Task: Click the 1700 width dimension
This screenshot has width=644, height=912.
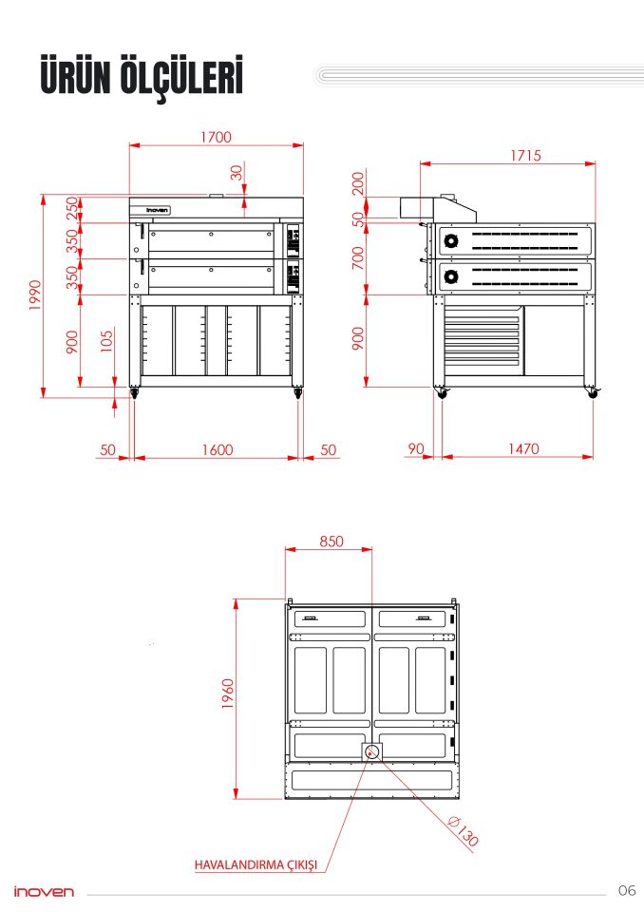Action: click(216, 137)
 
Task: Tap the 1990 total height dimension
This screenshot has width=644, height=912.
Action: click(35, 294)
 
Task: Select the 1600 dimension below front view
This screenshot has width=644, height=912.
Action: click(218, 449)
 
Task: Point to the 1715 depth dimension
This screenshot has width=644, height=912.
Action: click(525, 155)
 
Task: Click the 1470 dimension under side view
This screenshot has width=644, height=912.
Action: click(523, 448)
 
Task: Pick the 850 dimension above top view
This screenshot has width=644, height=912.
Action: click(331, 541)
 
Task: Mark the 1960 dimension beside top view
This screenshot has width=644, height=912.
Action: click(227, 693)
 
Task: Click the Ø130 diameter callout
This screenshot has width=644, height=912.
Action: click(464, 830)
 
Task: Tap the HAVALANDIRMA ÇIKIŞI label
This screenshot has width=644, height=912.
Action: click(256, 864)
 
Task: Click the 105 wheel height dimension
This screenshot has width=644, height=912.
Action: click(106, 342)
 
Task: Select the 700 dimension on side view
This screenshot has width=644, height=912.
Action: click(358, 257)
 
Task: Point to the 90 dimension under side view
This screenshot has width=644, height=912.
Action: click(416, 448)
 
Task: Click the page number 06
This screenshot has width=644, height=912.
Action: click(627, 890)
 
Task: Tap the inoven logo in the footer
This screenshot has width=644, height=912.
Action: click(45, 892)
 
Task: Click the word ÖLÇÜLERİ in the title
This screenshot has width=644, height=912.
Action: click(181, 76)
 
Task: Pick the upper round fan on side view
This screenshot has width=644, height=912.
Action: click(451, 240)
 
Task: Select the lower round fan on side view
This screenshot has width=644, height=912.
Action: click(451, 276)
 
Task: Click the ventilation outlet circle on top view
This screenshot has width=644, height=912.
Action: click(372, 752)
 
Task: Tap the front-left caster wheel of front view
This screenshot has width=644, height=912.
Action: click(134, 393)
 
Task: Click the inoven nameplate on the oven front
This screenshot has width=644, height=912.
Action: click(157, 210)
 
